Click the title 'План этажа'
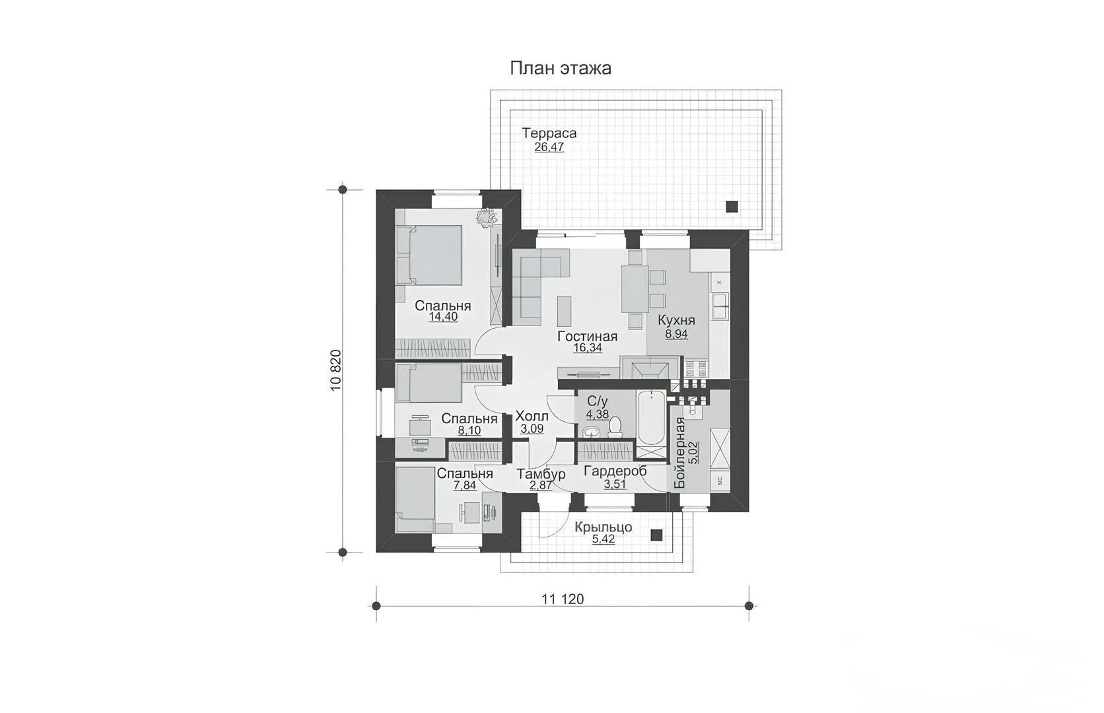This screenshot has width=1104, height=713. (x=561, y=68)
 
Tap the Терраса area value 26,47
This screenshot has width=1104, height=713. (x=549, y=147)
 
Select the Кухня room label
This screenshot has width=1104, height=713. (x=676, y=320)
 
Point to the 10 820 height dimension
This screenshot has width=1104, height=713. (x=335, y=370)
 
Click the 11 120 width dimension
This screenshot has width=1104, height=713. (x=563, y=599)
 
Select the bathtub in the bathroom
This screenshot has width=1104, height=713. (x=651, y=418)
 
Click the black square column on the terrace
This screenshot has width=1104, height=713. (x=732, y=207)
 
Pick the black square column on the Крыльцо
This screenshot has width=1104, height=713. (x=656, y=535)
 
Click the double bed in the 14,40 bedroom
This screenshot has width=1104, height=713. (x=429, y=255)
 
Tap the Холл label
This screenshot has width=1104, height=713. (x=532, y=417)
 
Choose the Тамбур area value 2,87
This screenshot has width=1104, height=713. (x=541, y=485)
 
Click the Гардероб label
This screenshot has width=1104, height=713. (x=615, y=471)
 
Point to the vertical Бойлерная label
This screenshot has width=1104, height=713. (x=679, y=453)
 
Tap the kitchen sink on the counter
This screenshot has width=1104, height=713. (x=720, y=306)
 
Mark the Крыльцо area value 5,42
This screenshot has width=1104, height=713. (x=604, y=539)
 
